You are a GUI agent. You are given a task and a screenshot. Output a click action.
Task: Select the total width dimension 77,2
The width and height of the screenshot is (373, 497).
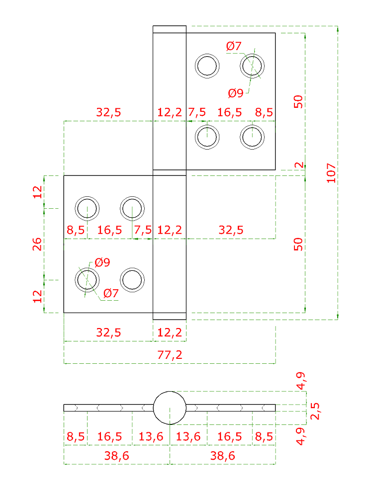pyautogui.click(x=170, y=355)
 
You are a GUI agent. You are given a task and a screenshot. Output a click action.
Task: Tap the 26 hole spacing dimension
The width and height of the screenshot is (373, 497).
pyautogui.click(x=37, y=244)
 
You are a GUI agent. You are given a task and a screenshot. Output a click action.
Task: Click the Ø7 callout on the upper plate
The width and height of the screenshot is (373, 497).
pyautogui.click(x=234, y=47)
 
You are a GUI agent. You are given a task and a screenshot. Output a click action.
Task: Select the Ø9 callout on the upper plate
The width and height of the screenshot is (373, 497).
pyautogui.click(x=236, y=92)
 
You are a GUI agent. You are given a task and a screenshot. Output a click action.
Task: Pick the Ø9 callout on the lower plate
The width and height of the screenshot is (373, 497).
pyautogui.click(x=102, y=262)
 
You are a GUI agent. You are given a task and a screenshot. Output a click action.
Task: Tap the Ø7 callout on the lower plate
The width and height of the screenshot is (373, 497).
pyautogui.click(x=111, y=293)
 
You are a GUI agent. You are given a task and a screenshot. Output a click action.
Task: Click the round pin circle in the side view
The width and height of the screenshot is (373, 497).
pyautogui.click(x=170, y=408)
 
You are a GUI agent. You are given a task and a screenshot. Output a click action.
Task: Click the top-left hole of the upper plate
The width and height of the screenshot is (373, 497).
pyautogui.click(x=207, y=66)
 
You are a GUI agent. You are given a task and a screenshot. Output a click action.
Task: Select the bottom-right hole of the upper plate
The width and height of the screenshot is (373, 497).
pyautogui.click(x=252, y=136)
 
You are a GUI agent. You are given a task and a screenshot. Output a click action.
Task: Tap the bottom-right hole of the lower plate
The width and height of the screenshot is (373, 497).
pyautogui.click(x=133, y=280)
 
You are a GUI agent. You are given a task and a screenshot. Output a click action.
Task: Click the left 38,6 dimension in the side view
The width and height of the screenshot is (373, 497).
pyautogui.click(x=117, y=455)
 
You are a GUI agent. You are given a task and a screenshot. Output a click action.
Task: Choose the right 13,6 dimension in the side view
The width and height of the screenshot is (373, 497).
pyautogui.click(x=188, y=437)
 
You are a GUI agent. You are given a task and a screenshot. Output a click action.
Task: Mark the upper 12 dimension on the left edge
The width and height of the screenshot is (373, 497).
pyautogui.click(x=37, y=192)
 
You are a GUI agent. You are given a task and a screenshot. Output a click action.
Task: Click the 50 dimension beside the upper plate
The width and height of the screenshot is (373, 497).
pyautogui.click(x=298, y=101)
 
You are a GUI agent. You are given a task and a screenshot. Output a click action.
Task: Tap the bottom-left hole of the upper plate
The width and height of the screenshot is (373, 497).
pyautogui.click(x=207, y=136)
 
